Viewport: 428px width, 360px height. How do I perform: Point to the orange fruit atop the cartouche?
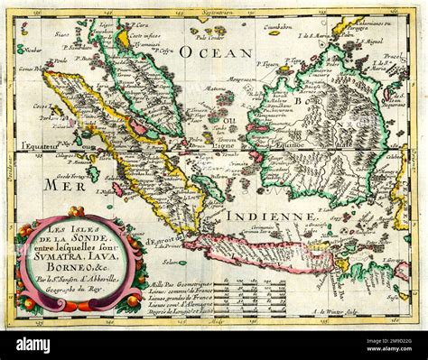[x=77, y=213]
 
